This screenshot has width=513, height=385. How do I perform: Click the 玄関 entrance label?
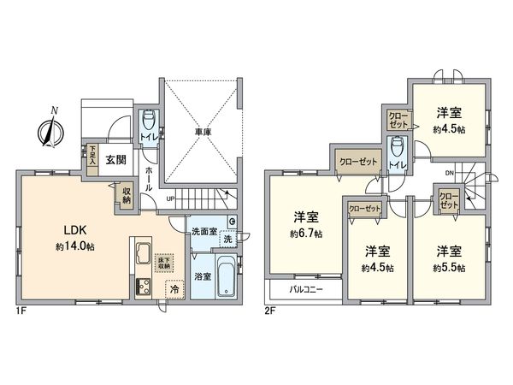116,159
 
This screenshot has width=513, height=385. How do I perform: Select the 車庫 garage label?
202,133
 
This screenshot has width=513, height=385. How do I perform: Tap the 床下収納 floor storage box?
163,263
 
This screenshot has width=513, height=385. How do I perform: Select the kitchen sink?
141,254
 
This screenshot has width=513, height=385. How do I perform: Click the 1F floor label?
21,310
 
